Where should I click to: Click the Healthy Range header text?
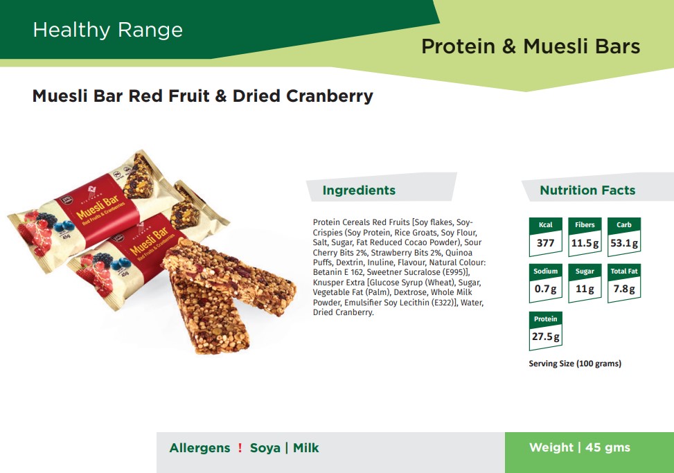[108, 30]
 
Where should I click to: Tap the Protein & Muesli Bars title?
[531, 46]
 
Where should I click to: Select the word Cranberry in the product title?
[330, 96]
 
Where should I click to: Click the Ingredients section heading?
[359, 190]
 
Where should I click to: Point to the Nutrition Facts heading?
[587, 190]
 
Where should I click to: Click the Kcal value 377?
[545, 243]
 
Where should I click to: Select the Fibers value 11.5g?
[585, 243]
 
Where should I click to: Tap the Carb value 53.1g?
[624, 243]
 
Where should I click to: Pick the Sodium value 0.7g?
[545, 289]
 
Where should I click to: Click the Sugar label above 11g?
[585, 271]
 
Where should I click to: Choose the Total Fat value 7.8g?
[624, 289]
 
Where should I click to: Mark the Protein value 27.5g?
[545, 337]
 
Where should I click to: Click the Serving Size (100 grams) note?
[575, 364]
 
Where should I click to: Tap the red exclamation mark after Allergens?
[240, 447]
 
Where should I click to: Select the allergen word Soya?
[265, 447]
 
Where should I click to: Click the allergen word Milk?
[306, 447]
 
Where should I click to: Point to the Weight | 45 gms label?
[580, 447]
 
